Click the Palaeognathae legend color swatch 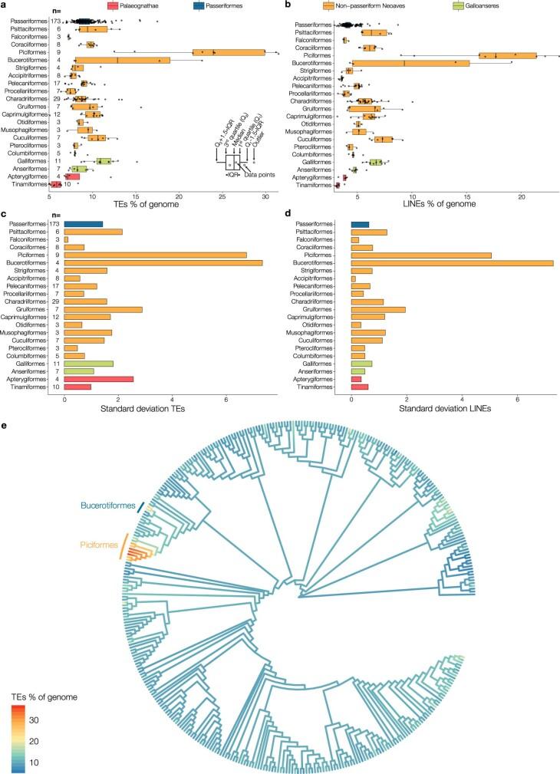tap(113, 5)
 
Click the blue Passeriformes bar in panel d tap(360, 224)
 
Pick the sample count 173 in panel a tap(54, 22)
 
